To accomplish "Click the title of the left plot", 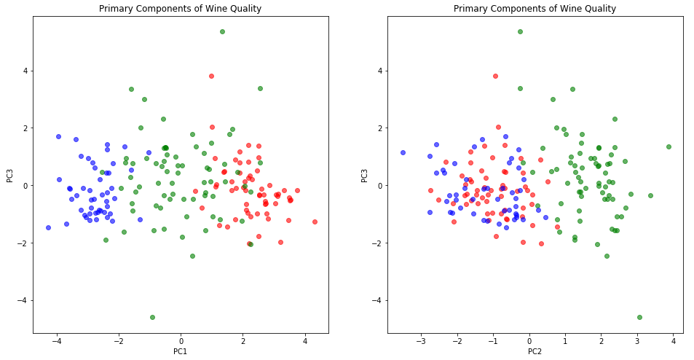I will coord(181,9).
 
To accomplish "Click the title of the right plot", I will coord(535,9).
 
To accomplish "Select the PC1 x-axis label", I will coord(181,352).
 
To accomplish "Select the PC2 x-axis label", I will coord(535,352).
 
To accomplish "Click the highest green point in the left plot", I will coord(222,31).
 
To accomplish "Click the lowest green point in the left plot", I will coord(152,317).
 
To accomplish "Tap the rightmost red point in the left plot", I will coord(315,222).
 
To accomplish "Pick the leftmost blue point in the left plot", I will coord(48,227).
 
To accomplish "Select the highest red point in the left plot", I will coord(211,76).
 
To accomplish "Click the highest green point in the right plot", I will coord(520,31).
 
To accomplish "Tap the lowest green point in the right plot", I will coord(639,317).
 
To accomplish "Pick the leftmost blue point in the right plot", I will coord(403,152).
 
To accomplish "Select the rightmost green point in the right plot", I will coord(669,146).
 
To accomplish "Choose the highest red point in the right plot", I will coord(495,76).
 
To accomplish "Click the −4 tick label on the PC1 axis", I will coord(57,341).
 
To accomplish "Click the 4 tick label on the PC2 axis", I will coord(673,341).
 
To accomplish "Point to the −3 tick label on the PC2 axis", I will coord(421,341).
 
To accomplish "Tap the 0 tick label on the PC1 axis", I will coord(181,341).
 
